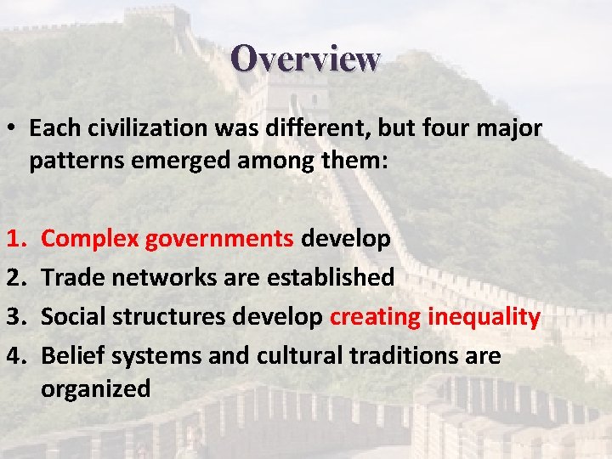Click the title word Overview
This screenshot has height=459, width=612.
point(305,59)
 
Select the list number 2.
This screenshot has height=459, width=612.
point(11,277)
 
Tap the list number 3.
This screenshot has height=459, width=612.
point(11,317)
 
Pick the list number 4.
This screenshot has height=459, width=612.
point(11,356)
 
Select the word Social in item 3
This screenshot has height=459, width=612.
point(76,317)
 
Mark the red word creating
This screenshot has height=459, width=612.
point(375,317)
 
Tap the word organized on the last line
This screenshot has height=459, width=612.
point(95,388)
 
